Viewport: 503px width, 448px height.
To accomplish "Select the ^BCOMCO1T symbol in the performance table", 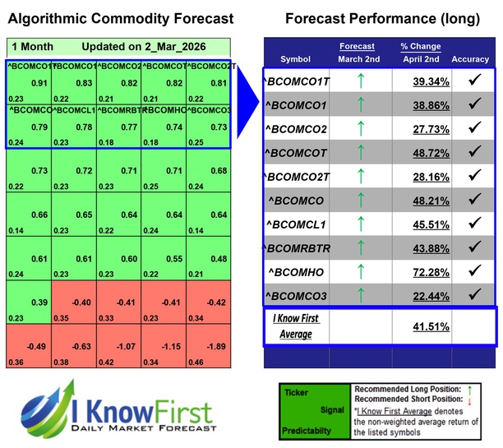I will point(295,81).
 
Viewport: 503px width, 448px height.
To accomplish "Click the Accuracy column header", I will point(471,59).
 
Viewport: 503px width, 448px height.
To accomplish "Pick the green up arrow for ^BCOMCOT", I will point(360,152).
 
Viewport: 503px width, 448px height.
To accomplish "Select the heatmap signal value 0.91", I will point(39,83).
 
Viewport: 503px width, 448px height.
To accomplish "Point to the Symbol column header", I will point(295,59).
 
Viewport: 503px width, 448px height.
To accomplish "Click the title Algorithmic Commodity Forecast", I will point(120,19).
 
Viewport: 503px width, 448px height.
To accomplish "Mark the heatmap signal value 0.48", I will point(219,257).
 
